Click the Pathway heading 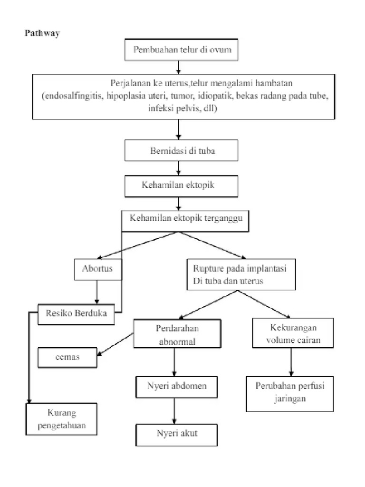click(42, 34)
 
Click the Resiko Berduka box click(77, 313)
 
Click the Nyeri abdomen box click(176, 386)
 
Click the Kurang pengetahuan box click(61, 419)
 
